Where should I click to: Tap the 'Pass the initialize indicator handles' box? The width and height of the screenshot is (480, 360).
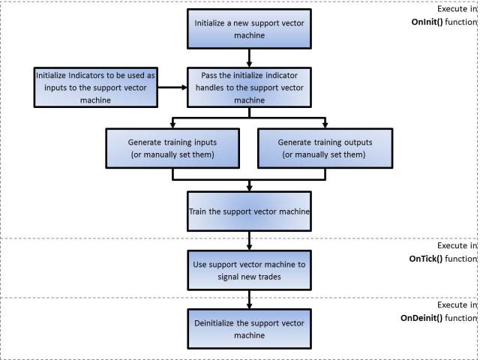248,87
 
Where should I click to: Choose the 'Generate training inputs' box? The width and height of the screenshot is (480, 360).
172,148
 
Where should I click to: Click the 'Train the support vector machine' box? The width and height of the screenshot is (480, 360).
248,211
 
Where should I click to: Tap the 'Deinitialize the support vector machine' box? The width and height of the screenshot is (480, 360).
248,329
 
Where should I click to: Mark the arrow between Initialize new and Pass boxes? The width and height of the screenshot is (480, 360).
248,57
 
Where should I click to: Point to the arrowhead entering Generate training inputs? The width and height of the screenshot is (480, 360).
172,124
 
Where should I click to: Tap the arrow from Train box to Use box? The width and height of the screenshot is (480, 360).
248,240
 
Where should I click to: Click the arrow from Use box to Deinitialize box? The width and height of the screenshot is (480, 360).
248,300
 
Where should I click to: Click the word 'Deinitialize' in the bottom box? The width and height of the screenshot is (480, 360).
218,323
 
